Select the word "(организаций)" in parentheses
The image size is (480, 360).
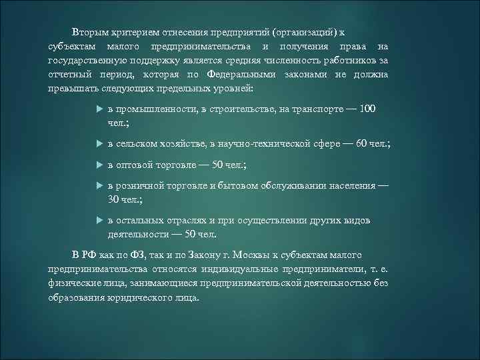click(302, 32)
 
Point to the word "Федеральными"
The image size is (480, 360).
click(239, 74)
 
